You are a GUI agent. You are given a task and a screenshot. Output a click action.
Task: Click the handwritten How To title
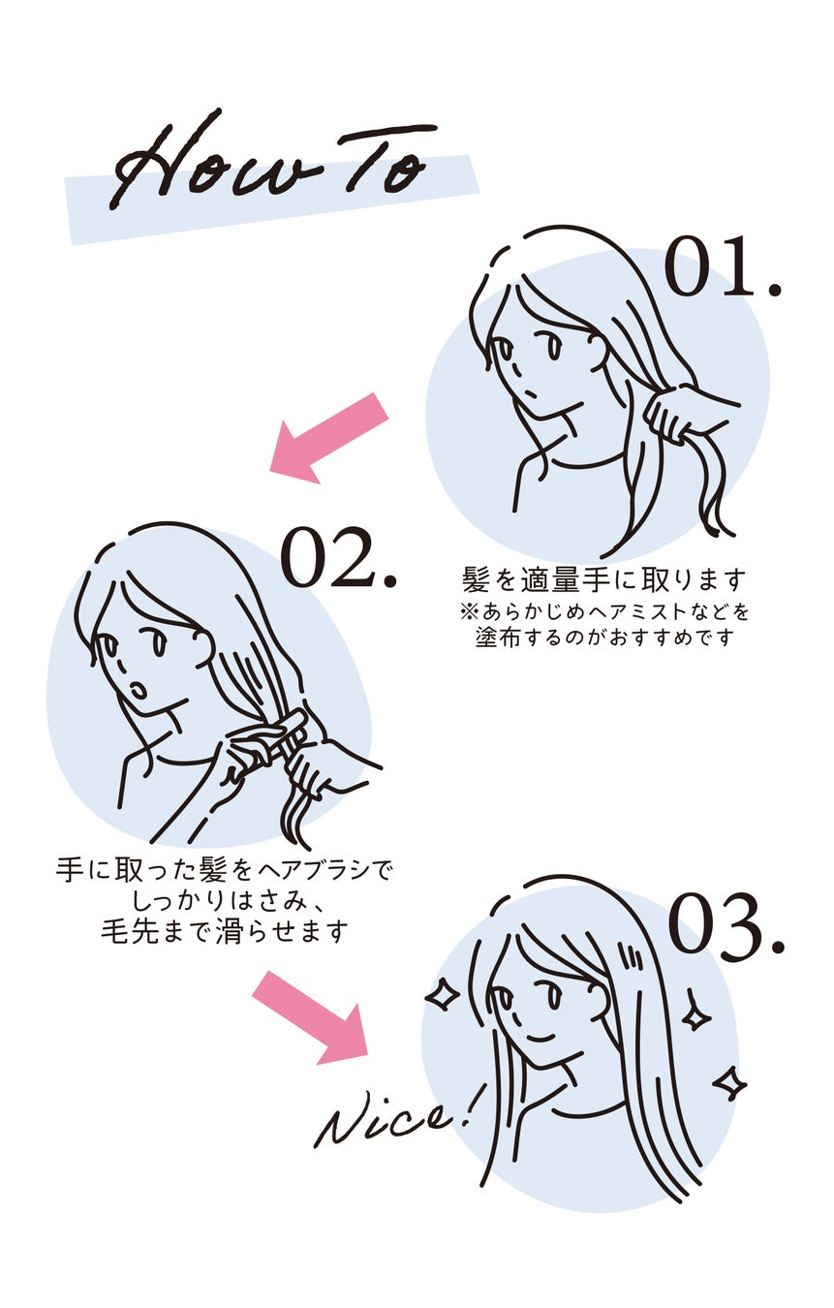click(x=271, y=165)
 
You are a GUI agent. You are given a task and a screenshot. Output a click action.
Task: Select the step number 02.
click(x=338, y=558)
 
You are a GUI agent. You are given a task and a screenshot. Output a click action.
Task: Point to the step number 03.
click(x=726, y=925)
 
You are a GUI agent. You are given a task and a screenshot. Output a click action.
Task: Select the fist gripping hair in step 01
click(x=678, y=412)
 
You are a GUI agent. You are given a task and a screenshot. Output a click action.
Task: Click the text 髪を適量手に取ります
click(x=605, y=580)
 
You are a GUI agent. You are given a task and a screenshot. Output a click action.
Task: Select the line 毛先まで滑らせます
click(x=224, y=932)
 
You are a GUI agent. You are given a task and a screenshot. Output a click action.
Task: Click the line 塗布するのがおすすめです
click(x=605, y=638)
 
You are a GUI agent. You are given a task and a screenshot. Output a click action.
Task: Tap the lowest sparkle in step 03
click(x=728, y=1083)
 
